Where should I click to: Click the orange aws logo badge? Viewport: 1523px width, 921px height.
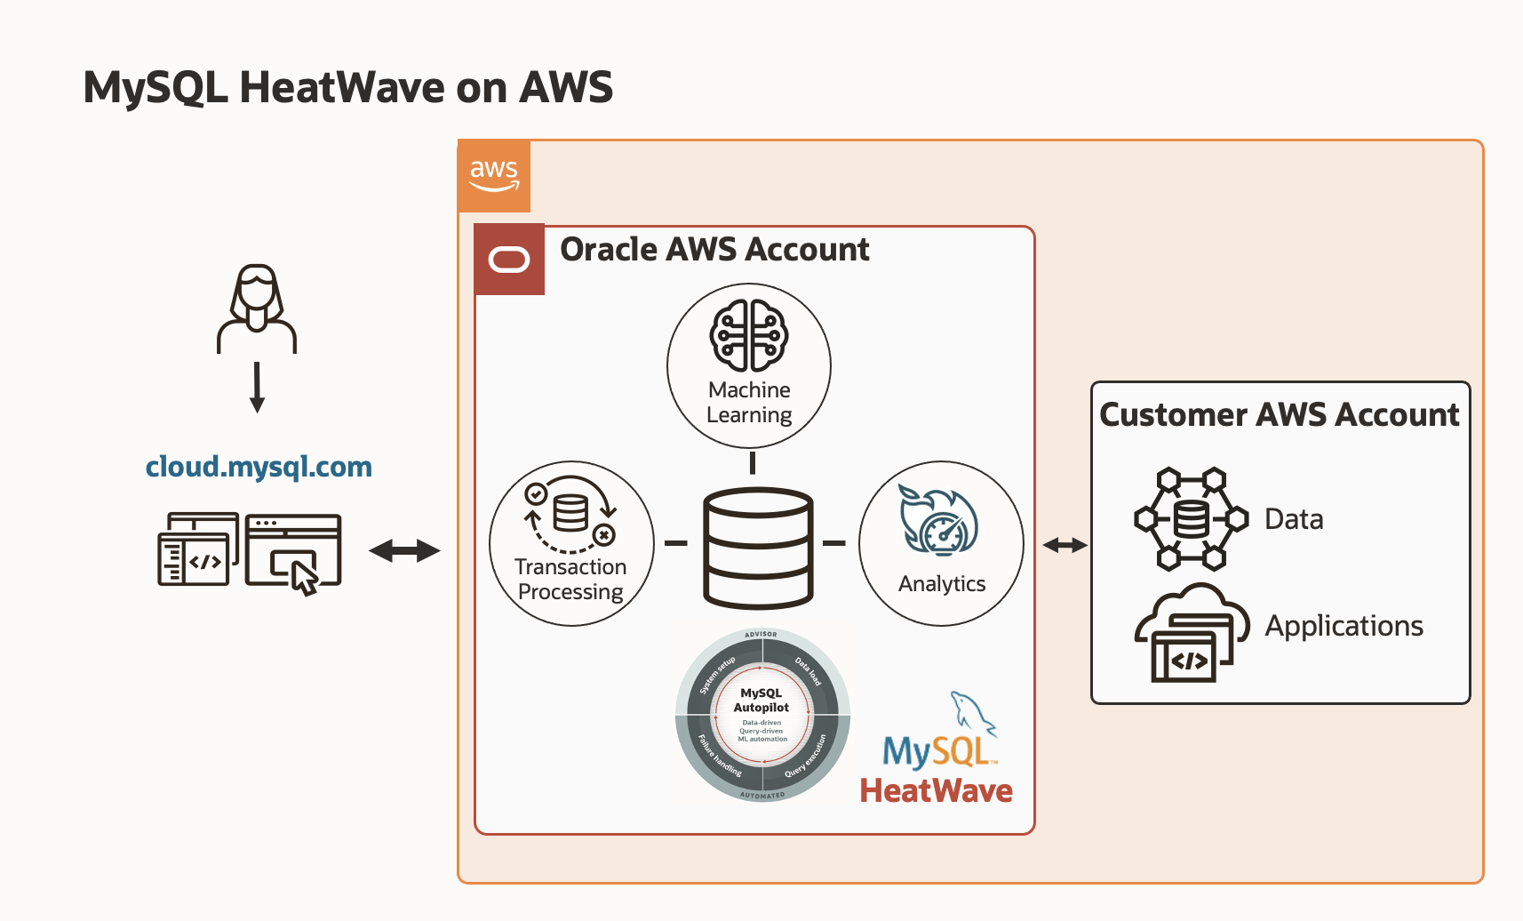click(x=494, y=175)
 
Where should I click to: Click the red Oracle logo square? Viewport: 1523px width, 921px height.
click(x=509, y=260)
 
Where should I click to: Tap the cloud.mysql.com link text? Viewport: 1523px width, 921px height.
click(x=259, y=467)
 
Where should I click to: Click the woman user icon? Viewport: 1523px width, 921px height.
click(x=257, y=309)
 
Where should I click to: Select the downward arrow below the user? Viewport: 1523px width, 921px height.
click(x=257, y=387)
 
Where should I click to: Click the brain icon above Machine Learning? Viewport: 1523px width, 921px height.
click(x=749, y=336)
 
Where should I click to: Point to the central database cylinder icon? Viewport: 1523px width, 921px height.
click(x=758, y=548)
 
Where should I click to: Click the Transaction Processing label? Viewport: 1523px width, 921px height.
click(x=570, y=580)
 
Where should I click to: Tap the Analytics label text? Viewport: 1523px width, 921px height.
click(x=942, y=584)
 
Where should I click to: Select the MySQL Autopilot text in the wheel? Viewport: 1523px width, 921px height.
click(x=761, y=701)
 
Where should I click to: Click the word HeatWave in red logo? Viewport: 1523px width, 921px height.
click(x=936, y=790)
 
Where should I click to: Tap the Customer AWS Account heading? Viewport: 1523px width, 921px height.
click(x=1279, y=415)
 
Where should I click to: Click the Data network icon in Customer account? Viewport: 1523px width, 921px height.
click(x=1191, y=519)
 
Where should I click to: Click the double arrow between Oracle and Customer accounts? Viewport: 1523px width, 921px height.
click(x=1065, y=545)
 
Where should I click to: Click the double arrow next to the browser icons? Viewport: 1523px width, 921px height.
click(x=404, y=551)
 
